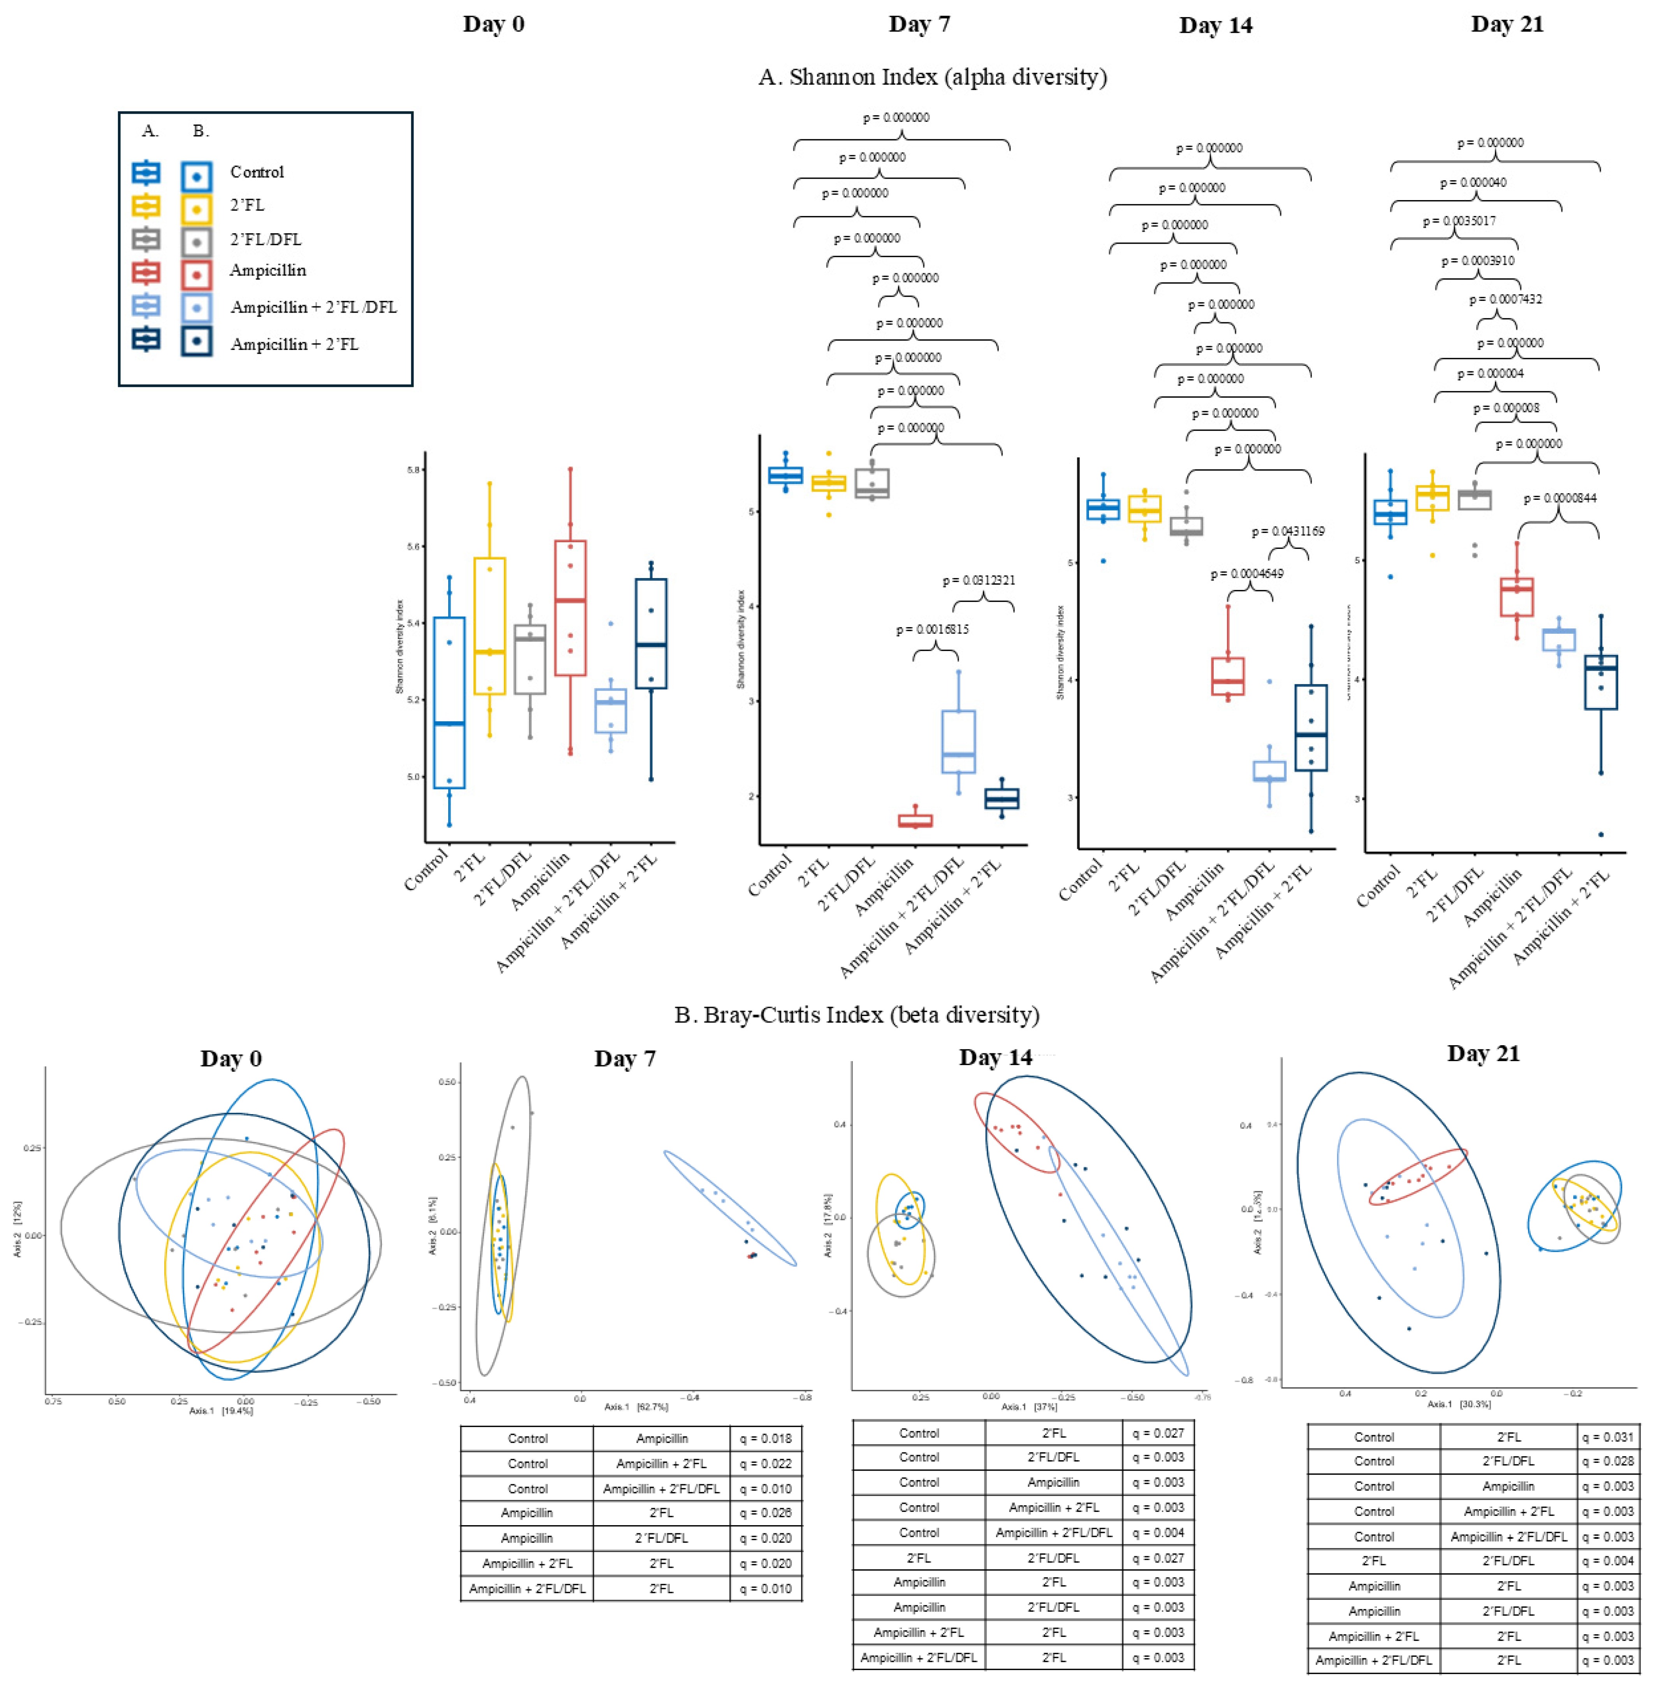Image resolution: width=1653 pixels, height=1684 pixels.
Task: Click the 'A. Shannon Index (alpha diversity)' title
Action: [933, 77]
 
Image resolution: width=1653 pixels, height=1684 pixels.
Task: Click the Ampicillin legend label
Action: [268, 270]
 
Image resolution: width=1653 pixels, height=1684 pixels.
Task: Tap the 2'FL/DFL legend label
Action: [265, 239]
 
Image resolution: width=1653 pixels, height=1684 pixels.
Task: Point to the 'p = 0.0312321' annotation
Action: [979, 580]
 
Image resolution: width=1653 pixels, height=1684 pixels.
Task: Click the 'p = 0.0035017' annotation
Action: [1459, 221]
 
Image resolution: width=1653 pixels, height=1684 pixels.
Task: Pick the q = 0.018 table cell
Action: [766, 1438]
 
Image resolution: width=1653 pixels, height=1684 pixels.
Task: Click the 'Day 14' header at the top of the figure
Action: [1215, 25]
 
